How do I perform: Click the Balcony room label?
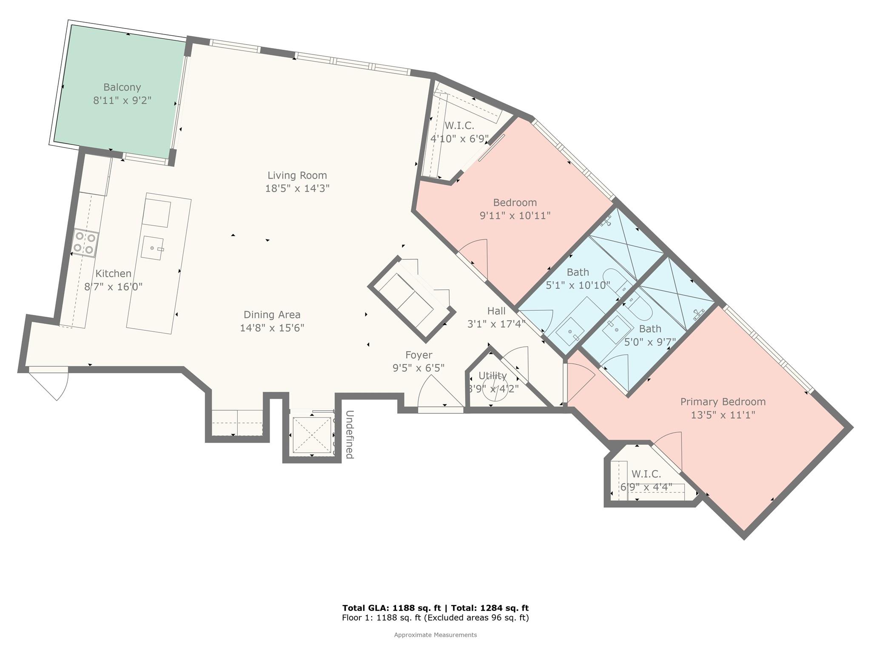tap(122, 87)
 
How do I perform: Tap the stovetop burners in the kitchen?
tap(84, 243)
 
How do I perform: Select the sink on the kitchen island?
tap(152, 248)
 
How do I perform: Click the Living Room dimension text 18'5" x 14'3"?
tap(297, 188)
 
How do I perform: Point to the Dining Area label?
tap(272, 315)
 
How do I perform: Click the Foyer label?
tap(418, 355)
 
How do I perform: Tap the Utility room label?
tap(492, 376)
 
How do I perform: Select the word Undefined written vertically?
tap(349, 434)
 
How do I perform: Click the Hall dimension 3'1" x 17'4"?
tap(496, 324)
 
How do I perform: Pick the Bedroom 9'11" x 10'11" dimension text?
tap(515, 216)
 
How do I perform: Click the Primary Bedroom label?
tap(723, 402)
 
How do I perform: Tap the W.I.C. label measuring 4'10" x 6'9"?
tap(459, 126)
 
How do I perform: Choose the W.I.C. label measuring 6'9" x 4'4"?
tap(646, 474)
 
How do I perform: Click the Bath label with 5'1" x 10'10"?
tap(578, 272)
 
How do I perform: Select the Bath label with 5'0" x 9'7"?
tap(650, 329)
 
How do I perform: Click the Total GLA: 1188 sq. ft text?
tap(392, 608)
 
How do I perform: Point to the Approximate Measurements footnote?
tap(435, 635)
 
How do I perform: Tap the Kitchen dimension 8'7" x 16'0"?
tap(114, 287)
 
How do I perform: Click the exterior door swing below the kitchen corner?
tap(49, 383)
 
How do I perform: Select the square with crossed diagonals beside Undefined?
tap(312, 435)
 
